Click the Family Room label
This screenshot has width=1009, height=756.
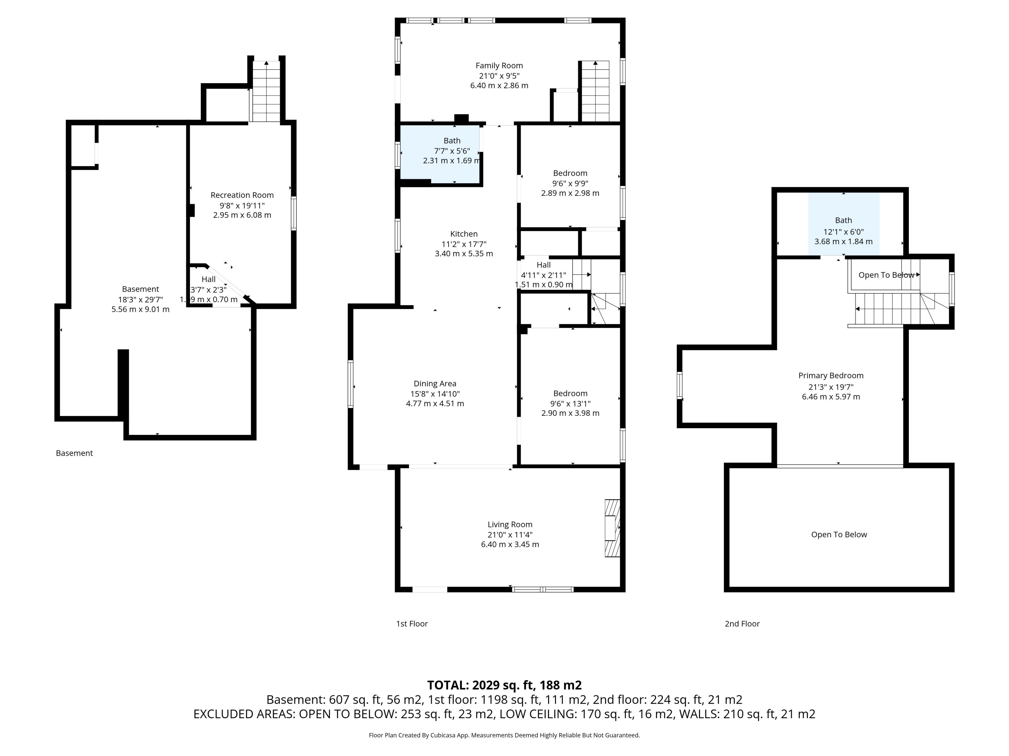(499, 66)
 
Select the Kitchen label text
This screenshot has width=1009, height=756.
(464, 234)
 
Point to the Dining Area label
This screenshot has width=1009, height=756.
(435, 384)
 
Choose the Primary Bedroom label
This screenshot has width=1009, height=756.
(831, 375)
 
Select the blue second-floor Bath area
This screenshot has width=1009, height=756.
(843, 224)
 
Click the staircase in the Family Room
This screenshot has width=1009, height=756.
(595, 91)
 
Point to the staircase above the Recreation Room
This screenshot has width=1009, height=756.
(266, 91)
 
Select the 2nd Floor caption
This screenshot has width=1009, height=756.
(742, 623)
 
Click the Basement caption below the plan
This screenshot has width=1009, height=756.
(74, 453)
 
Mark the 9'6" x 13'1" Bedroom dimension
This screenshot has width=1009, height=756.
(570, 403)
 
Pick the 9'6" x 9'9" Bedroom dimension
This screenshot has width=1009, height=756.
(570, 183)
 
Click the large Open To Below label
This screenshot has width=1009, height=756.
(839, 534)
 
